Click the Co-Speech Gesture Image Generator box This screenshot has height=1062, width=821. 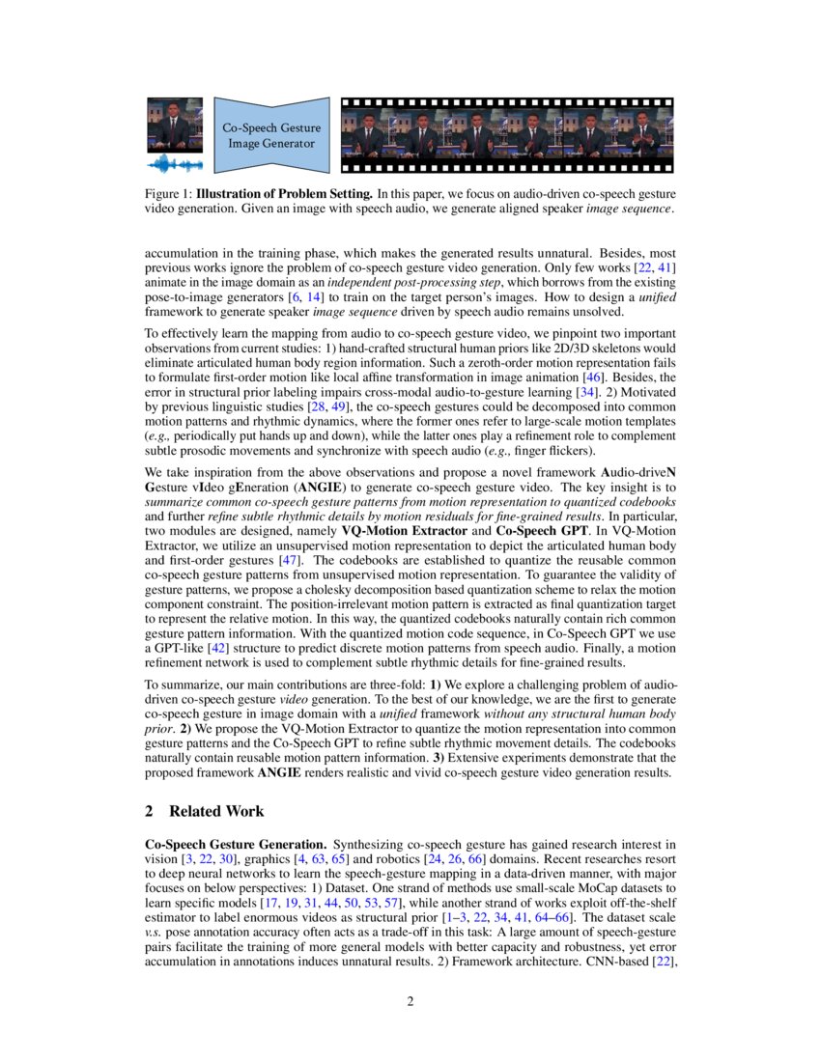(x=271, y=135)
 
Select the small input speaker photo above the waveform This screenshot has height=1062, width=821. (x=175, y=123)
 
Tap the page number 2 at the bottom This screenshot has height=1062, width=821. (x=410, y=1000)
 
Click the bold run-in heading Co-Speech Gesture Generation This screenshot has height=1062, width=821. (x=235, y=844)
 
